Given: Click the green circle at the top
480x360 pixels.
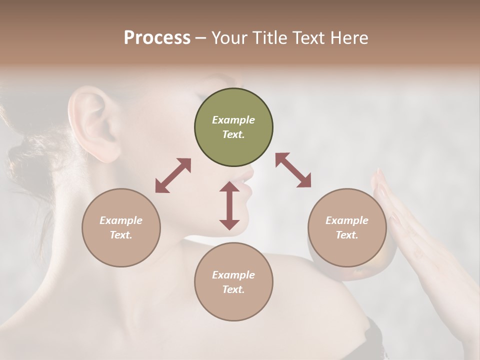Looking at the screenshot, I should click(x=233, y=127).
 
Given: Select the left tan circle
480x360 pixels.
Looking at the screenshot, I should click(x=121, y=227).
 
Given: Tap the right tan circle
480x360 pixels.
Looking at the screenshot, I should click(x=347, y=227).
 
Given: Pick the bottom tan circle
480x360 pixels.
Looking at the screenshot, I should click(x=233, y=282).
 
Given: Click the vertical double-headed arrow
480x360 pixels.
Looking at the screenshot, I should click(x=229, y=205).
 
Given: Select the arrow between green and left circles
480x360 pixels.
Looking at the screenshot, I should click(x=173, y=175).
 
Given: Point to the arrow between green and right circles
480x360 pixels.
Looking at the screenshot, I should click(x=293, y=170).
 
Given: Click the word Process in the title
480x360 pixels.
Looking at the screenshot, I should click(x=157, y=37).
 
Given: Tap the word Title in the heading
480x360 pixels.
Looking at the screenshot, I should click(x=269, y=37).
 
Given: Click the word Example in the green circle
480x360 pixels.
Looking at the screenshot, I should click(x=233, y=120).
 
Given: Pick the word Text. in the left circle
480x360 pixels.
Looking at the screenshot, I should click(x=121, y=235).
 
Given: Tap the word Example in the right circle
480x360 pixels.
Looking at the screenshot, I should click(x=347, y=220).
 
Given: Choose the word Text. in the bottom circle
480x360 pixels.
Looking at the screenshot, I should click(x=233, y=289).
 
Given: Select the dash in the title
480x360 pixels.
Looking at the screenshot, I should click(x=200, y=38).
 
